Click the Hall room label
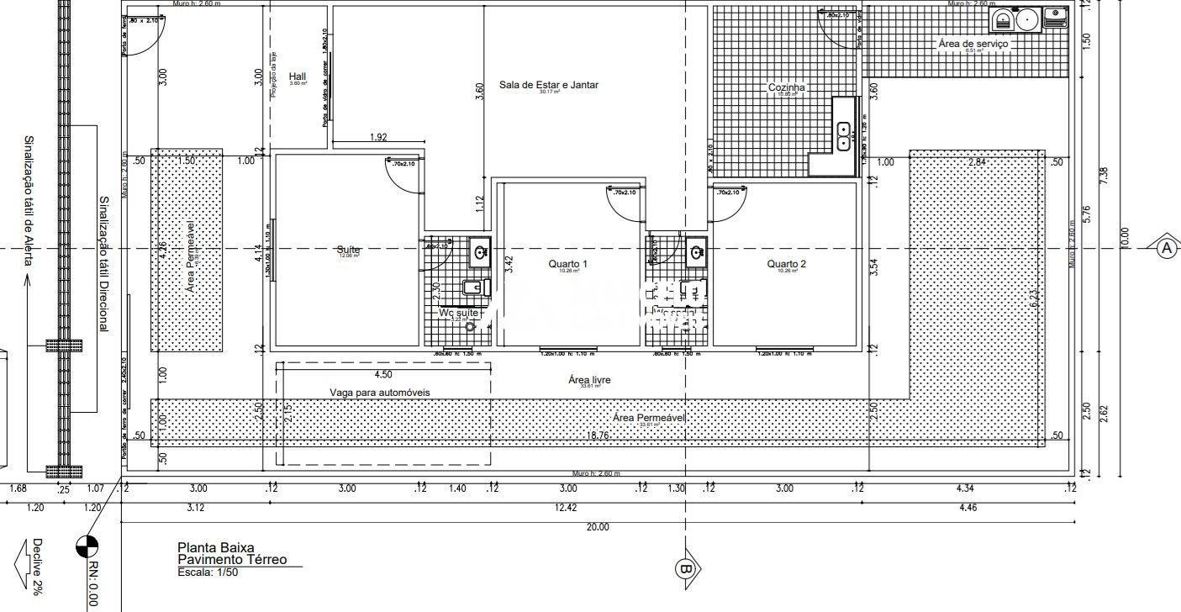point(298,76)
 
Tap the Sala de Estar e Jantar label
point(548,85)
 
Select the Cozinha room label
point(787,87)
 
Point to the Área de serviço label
point(973,43)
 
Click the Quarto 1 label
point(567,264)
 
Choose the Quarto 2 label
point(786,264)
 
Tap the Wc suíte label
point(459,312)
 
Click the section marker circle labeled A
point(1166,248)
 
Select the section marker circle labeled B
point(684,569)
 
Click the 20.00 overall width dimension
point(597,527)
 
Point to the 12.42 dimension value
point(566,507)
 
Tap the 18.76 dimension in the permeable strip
point(597,435)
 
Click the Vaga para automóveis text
point(380,393)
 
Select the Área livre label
point(589,381)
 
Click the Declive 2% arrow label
point(37,567)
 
